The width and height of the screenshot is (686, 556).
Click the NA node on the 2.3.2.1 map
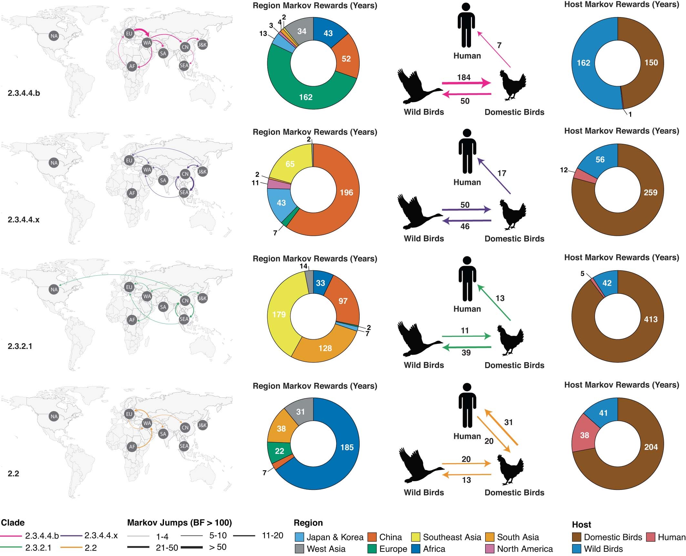pyautogui.click(x=54, y=289)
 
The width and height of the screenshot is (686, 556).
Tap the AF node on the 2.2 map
pyautogui.click(x=132, y=447)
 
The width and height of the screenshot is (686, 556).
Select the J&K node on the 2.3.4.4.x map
pyautogui.click(x=202, y=171)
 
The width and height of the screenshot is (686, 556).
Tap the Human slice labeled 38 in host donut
pyautogui.click(x=584, y=435)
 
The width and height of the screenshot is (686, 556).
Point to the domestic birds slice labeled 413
pyautogui.click(x=650, y=319)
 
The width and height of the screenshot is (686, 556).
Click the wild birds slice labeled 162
pyautogui.click(x=583, y=63)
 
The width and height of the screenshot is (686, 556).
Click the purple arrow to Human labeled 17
pyautogui.click(x=494, y=176)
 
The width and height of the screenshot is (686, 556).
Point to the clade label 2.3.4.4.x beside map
pyautogui.click(x=24, y=220)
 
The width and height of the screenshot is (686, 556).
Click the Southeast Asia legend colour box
pyautogui.click(x=416, y=537)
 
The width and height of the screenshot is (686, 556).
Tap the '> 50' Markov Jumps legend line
pyautogui.click(x=192, y=547)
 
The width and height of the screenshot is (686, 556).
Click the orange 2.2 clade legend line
pyautogui.click(x=71, y=548)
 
